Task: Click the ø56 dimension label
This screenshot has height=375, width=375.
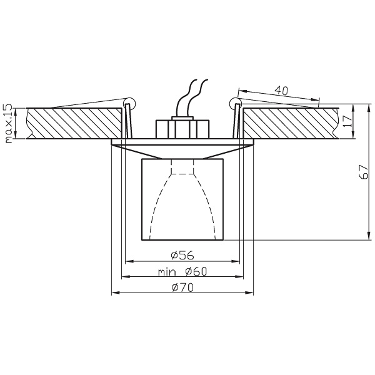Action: [182, 254]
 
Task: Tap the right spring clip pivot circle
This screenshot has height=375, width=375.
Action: [234, 102]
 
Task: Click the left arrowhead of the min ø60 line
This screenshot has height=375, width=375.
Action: [124, 277]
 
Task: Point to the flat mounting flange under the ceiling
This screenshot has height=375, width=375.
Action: [182, 142]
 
